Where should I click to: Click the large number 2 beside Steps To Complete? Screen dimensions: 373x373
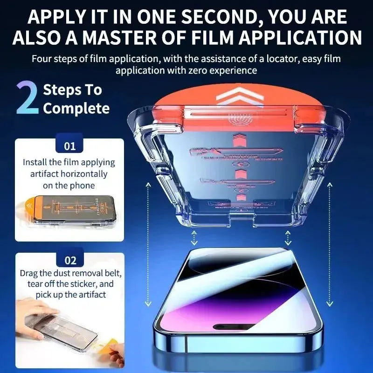click(x=27, y=98)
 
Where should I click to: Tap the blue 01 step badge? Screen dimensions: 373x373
click(x=69, y=146)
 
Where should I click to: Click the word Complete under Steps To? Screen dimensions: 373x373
click(x=76, y=109)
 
